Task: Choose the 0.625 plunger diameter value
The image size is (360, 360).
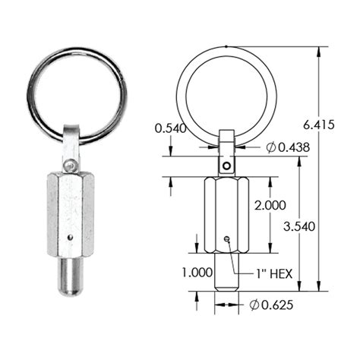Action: click(x=270, y=305)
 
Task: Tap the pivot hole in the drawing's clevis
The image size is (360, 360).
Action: click(x=226, y=163)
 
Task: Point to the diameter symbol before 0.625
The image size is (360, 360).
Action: click(x=253, y=305)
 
